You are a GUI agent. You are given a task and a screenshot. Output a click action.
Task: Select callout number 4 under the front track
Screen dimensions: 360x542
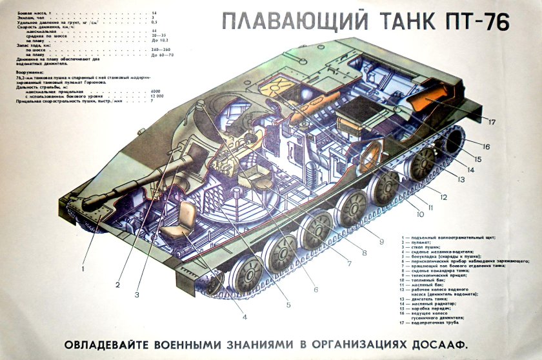(x=245, y=316)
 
